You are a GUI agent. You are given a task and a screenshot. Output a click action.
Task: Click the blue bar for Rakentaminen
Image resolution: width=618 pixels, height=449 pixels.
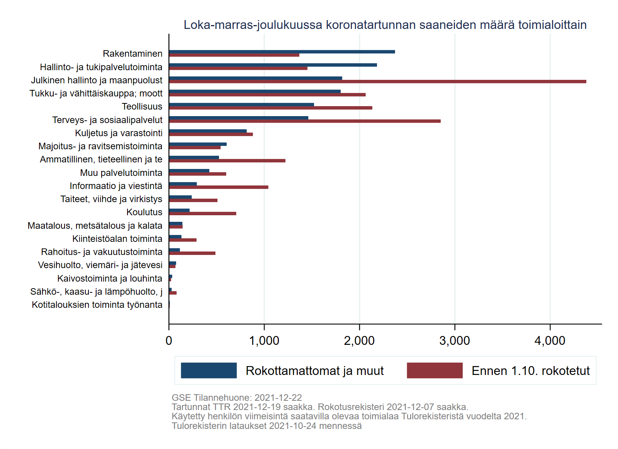click(x=282, y=52)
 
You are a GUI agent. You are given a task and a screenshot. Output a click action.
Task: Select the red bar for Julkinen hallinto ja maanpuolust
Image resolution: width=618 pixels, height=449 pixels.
click(x=377, y=81)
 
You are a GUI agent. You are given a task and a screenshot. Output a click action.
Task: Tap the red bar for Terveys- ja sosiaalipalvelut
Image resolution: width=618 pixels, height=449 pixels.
click(x=305, y=121)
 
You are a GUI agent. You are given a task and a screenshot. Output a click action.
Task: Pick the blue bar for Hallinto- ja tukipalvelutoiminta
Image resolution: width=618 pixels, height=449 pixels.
click(x=273, y=65)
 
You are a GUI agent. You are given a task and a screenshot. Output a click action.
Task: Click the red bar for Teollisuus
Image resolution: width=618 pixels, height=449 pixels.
click(x=270, y=108)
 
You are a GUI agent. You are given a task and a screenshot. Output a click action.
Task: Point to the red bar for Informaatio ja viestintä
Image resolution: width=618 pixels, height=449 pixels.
click(x=219, y=187)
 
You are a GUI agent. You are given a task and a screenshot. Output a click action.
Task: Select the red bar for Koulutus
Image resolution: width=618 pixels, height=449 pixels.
click(x=202, y=213)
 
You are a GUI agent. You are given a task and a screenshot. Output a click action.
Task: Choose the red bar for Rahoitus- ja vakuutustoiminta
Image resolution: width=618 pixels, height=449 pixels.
click(x=192, y=253)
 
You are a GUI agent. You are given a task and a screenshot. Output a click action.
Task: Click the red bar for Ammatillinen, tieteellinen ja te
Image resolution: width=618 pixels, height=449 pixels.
click(x=227, y=160)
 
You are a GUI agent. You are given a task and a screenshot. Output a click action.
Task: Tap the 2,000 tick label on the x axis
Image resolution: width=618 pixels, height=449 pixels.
click(x=359, y=341)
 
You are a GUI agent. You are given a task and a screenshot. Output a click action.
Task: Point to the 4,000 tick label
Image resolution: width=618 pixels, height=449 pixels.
click(x=550, y=341)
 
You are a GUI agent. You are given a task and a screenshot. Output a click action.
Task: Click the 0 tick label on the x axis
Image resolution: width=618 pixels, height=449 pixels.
click(x=169, y=341)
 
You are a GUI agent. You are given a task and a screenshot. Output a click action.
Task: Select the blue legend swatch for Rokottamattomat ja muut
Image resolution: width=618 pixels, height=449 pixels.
click(x=209, y=370)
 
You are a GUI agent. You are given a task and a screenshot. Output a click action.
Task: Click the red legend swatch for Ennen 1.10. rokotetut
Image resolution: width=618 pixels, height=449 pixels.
click(x=435, y=370)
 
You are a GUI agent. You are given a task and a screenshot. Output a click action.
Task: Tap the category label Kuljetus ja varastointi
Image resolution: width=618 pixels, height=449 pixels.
click(x=119, y=133)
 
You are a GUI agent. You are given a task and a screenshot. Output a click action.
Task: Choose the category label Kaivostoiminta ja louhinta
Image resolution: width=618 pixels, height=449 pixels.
click(x=110, y=279)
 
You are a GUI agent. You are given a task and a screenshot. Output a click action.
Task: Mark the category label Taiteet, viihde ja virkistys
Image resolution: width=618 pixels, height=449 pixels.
click(x=111, y=199)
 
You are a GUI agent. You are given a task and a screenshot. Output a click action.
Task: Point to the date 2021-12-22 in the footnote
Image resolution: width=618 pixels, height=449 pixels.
click(x=278, y=398)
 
